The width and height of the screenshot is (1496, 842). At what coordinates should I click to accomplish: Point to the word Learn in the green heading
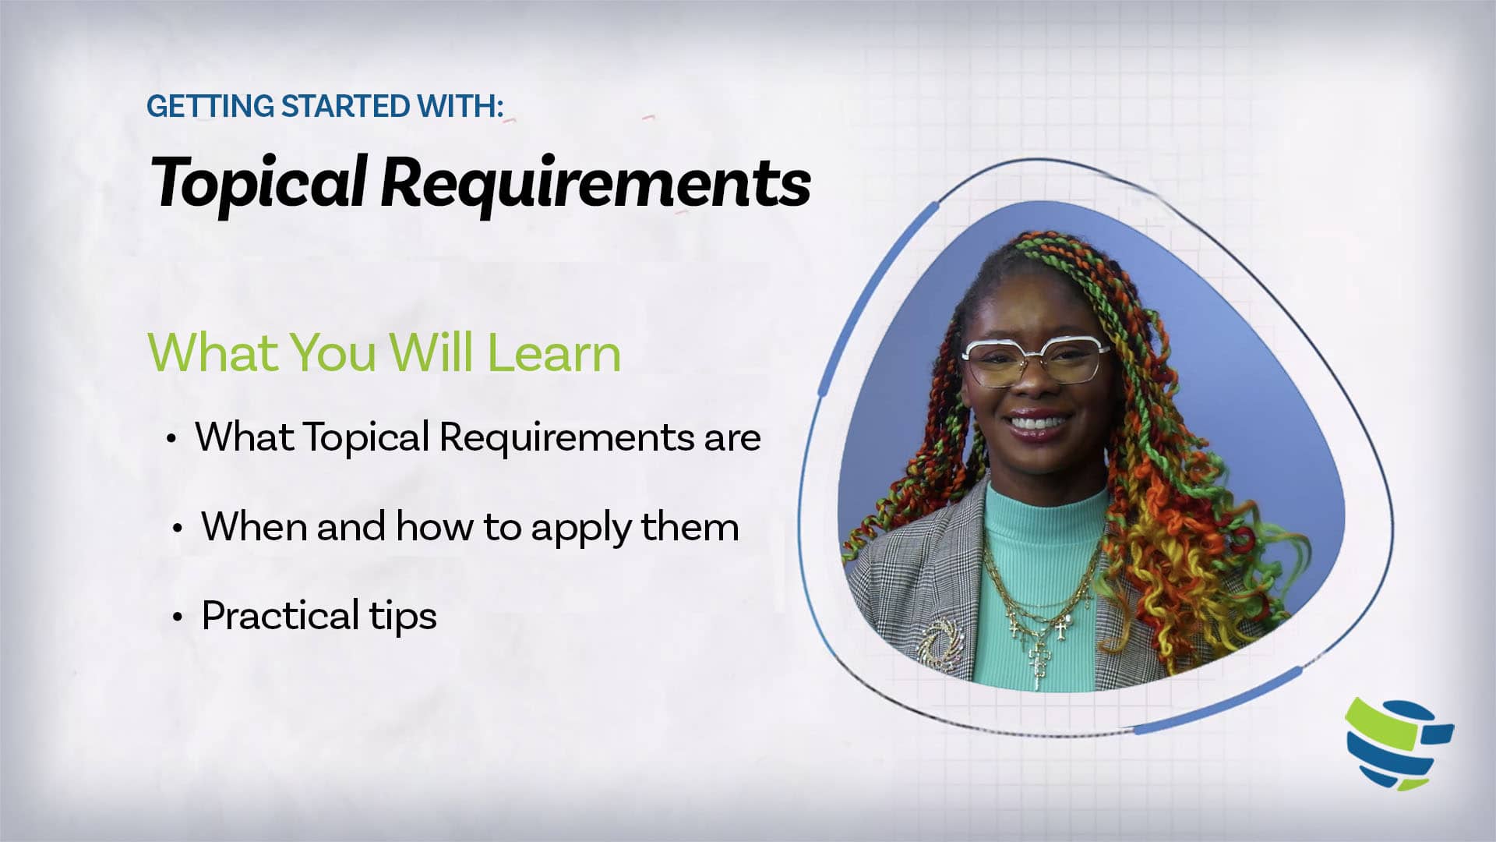coord(554,352)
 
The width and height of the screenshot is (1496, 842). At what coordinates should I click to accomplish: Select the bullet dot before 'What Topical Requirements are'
coord(171,438)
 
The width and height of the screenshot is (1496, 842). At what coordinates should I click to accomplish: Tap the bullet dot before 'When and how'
coord(178,529)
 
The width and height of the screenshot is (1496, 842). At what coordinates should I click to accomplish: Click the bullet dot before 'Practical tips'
coord(178,617)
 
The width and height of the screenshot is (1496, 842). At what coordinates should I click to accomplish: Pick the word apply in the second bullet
coord(581,529)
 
